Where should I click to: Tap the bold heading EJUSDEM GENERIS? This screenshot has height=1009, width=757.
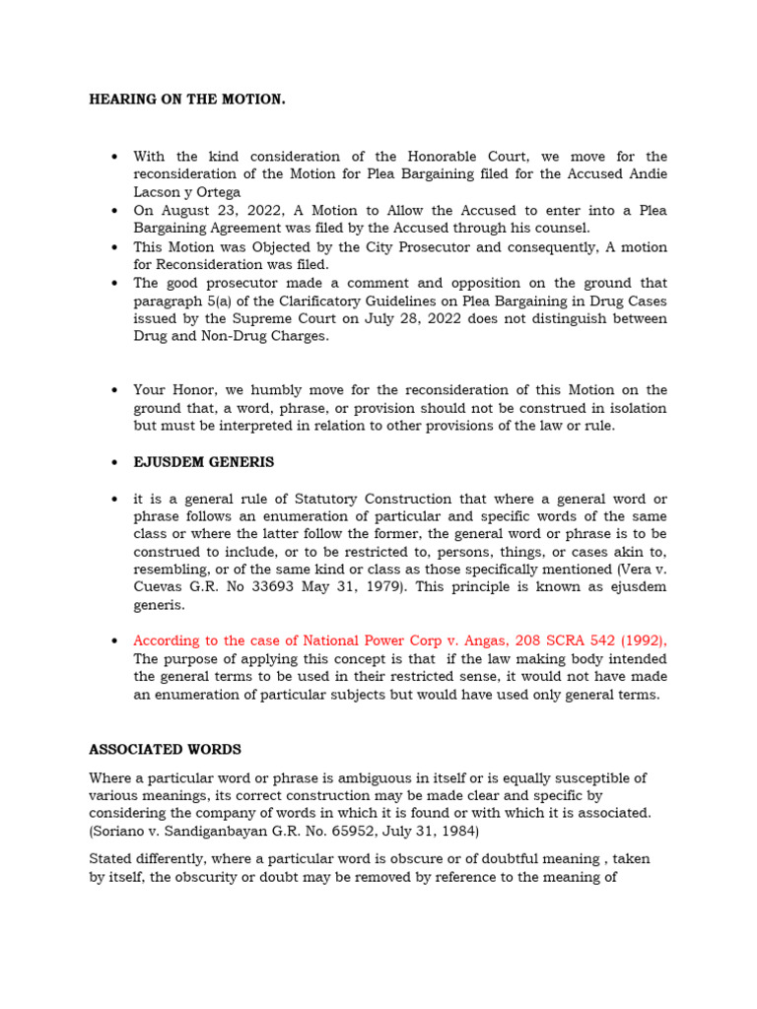click(x=204, y=462)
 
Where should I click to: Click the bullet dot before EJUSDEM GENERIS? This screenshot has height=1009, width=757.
click(x=116, y=462)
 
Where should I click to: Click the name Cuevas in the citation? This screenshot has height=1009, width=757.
click(x=161, y=588)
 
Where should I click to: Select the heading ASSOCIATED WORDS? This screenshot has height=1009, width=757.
click(x=165, y=750)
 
